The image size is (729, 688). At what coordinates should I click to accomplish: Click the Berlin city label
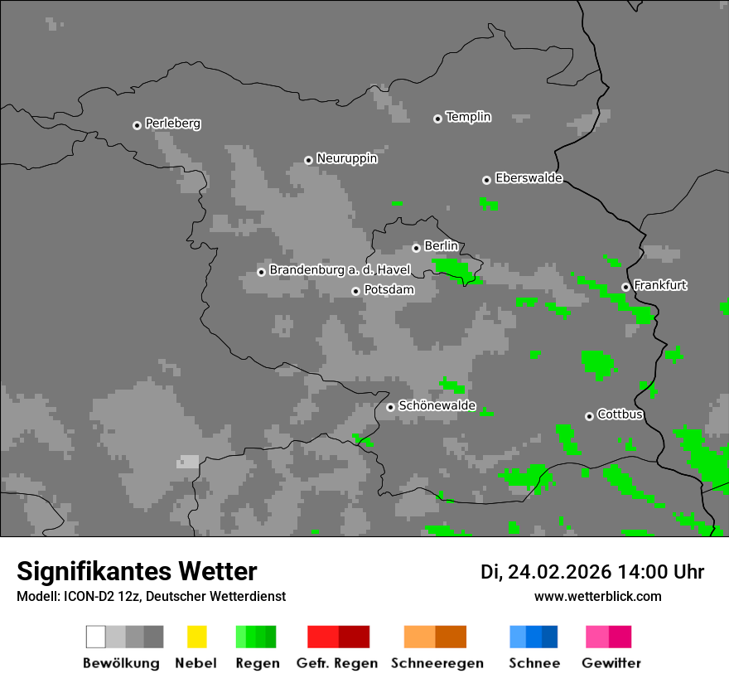click(x=441, y=246)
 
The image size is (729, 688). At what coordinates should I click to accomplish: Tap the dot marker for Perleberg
click(x=137, y=125)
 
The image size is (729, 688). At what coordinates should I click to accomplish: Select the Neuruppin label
click(x=346, y=158)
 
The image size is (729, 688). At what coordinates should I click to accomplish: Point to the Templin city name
click(x=468, y=117)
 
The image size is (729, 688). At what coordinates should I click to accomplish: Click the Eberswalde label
click(x=529, y=178)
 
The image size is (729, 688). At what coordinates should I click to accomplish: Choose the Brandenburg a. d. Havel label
click(x=340, y=270)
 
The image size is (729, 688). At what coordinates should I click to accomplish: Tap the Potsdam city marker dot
click(x=355, y=291)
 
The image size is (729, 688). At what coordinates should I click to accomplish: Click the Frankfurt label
click(x=660, y=285)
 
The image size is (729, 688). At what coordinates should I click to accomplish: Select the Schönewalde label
click(x=437, y=405)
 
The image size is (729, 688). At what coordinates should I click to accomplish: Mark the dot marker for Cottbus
click(x=589, y=416)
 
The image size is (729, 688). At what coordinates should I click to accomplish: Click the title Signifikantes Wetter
click(x=137, y=571)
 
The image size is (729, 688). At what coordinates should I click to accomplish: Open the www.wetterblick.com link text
click(x=597, y=596)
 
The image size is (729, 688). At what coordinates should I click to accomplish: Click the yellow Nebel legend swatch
click(x=196, y=637)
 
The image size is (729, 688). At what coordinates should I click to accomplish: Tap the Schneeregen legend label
click(x=437, y=663)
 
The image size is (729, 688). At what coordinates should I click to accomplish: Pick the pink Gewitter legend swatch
click(x=608, y=637)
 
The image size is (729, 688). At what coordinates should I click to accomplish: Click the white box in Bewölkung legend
click(x=96, y=637)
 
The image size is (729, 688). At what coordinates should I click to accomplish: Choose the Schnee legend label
click(x=533, y=663)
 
